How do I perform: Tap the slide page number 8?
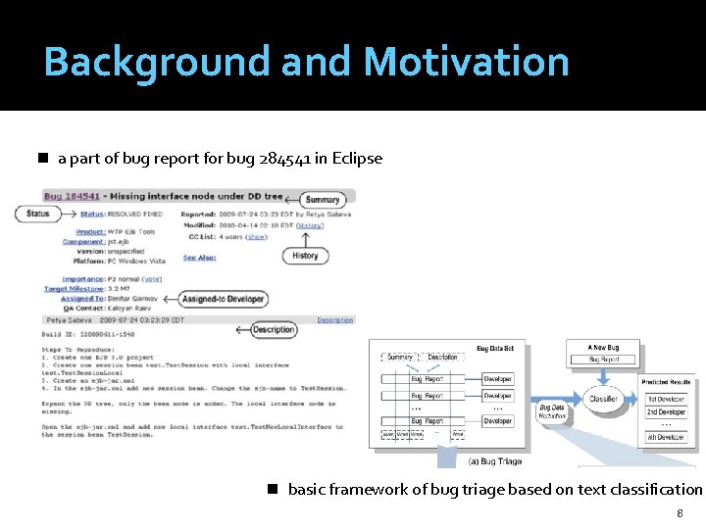click(x=680, y=514)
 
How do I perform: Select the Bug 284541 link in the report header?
click(x=72, y=196)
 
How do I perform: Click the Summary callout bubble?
click(x=322, y=200)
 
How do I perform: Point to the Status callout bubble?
click(x=38, y=214)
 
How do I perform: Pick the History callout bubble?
click(x=305, y=256)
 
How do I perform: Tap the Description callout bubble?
click(x=273, y=330)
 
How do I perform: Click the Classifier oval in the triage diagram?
click(x=603, y=399)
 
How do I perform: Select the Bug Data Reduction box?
click(x=552, y=412)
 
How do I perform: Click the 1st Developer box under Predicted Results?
click(x=666, y=400)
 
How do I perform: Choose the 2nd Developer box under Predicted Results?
click(x=666, y=413)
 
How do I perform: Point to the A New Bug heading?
click(x=603, y=348)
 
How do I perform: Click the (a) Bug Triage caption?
click(x=495, y=460)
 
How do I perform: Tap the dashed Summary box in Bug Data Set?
click(x=399, y=358)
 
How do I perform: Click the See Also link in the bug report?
click(x=199, y=259)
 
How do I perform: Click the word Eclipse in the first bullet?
click(x=358, y=158)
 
